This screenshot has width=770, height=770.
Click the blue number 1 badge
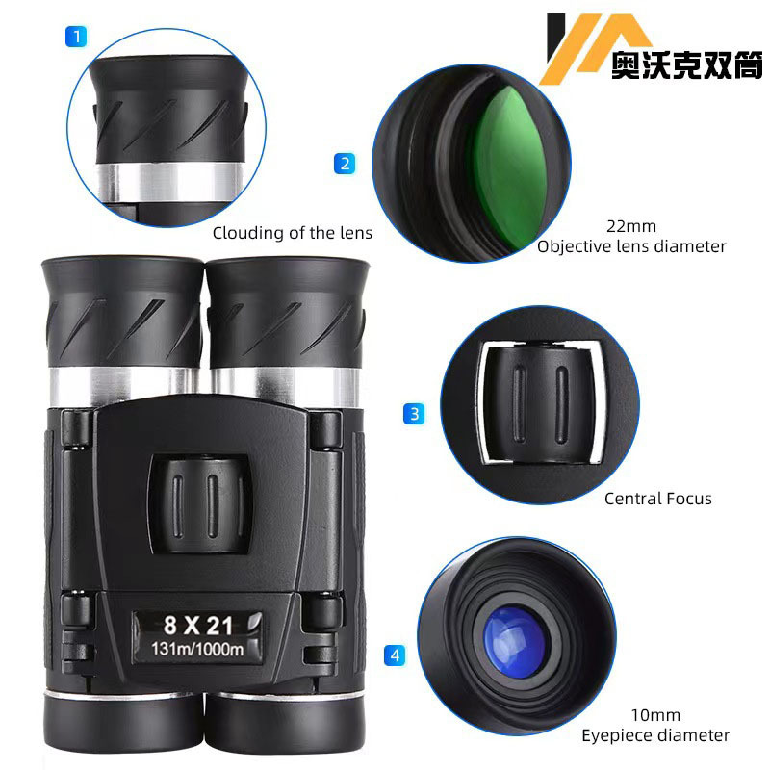point(76,37)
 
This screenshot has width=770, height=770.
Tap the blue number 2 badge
point(345,164)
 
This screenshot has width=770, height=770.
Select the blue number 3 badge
point(414,414)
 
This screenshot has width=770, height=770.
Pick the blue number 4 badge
point(395,655)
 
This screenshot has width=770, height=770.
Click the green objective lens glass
point(511,167)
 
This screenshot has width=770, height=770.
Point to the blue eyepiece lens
point(514,641)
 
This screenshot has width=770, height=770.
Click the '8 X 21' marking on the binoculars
point(198,625)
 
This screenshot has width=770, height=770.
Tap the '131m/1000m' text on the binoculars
point(197,649)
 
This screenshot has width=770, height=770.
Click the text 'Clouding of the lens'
point(293,233)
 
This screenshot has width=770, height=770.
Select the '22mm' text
point(631,226)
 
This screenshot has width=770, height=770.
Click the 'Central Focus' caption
point(658,499)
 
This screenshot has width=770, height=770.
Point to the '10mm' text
point(655,715)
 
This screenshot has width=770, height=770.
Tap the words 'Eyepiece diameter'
point(655,735)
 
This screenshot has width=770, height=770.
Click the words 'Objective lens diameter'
point(631,246)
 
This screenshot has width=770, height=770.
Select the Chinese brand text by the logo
point(686,64)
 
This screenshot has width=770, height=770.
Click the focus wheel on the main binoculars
point(200,504)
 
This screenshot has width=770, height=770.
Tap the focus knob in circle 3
point(540,402)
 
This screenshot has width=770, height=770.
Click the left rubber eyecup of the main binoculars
point(124,311)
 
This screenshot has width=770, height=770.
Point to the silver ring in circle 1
point(170,182)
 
